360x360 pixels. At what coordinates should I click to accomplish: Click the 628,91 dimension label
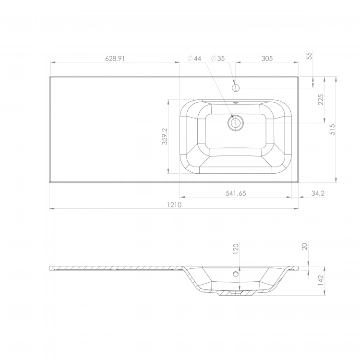tap(115, 59)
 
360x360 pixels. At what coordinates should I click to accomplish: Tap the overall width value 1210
tap(174, 204)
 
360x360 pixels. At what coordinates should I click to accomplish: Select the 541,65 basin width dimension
tap(236, 193)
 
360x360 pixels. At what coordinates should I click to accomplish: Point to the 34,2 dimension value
tap(318, 193)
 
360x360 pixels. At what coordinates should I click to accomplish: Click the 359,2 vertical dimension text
tap(165, 136)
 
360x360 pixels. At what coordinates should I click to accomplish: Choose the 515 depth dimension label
tap(332, 129)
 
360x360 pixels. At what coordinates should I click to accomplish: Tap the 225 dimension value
tap(321, 99)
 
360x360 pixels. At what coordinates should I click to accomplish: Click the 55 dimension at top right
tap(310, 56)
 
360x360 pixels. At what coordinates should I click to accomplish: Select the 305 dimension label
tap(267, 59)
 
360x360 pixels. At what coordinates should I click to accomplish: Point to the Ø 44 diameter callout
tap(194, 59)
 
